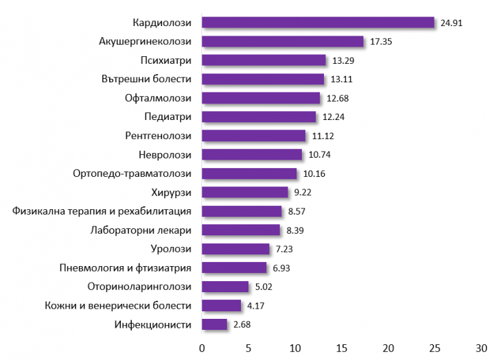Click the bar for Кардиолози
coord(318,23)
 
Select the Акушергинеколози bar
coord(283,42)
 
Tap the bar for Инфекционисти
coord(214,324)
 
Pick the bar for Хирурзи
coord(245,192)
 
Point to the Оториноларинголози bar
coord(225,287)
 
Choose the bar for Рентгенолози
coord(253,136)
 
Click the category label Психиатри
coord(165,60)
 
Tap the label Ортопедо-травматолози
coord(132,173)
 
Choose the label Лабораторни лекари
coord(141,230)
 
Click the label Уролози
coord(170,249)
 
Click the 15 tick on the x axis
coord(342,348)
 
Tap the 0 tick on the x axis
coord(202,348)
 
